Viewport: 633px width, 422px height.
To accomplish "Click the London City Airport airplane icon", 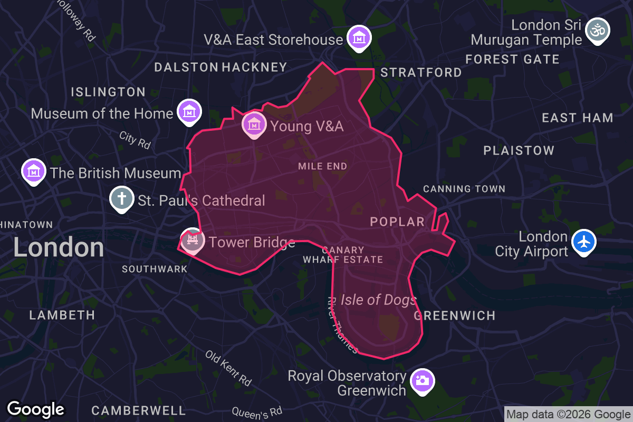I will coord(583,243).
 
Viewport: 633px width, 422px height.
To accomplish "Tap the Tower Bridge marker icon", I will coord(191,241).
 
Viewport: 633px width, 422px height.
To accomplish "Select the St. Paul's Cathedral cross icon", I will coord(121,199).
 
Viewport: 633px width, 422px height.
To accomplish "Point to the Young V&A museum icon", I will coord(254,124).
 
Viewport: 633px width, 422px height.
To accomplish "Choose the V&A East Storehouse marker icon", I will coord(359,38).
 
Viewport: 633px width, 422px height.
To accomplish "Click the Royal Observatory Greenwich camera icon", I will coord(423,380).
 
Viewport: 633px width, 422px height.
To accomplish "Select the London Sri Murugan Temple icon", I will coord(598,30).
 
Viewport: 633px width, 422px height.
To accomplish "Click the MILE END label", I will coord(322,166).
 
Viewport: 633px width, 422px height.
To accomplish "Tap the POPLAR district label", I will coord(397,222).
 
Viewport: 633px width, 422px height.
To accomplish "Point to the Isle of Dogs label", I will coord(378,300).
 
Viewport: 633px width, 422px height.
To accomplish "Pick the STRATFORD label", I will coord(421,72).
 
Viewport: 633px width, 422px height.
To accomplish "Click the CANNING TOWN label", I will coord(464,189).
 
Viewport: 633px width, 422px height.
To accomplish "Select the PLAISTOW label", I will coord(519,151).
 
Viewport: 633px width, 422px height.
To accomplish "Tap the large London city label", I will coord(59,247).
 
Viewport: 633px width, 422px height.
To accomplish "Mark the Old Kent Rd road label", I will coord(228,367).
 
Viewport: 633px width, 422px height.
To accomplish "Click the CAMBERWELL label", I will coord(139,410).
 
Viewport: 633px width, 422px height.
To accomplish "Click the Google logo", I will coord(35,409).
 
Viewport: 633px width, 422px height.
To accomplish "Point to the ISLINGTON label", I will coord(108,92).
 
